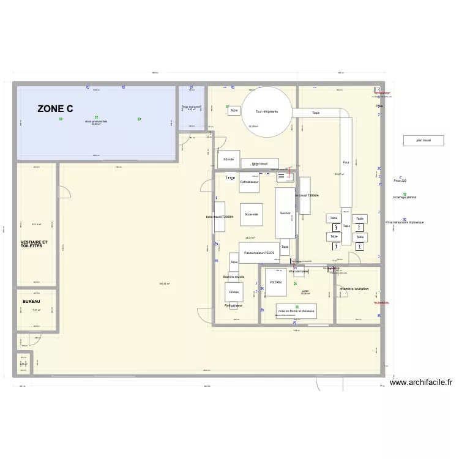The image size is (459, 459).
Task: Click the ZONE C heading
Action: (x=55, y=109)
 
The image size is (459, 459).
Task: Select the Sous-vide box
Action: (x=251, y=215)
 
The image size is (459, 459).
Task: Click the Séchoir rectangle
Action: (x=285, y=213)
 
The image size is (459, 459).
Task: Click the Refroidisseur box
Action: (x=250, y=182)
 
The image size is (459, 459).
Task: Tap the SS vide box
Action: (x=229, y=159)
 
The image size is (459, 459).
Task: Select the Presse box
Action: (x=234, y=293)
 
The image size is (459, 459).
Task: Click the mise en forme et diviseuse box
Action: (x=296, y=311)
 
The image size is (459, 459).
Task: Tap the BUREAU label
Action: (x=31, y=302)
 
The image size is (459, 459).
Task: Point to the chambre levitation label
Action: (x=354, y=288)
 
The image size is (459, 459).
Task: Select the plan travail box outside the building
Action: (x=424, y=140)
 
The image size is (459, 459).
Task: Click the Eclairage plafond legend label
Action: (x=405, y=197)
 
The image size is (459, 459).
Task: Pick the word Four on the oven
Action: (x=346, y=162)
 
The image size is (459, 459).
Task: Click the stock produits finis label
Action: (x=97, y=121)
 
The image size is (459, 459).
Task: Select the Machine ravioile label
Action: (x=234, y=277)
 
